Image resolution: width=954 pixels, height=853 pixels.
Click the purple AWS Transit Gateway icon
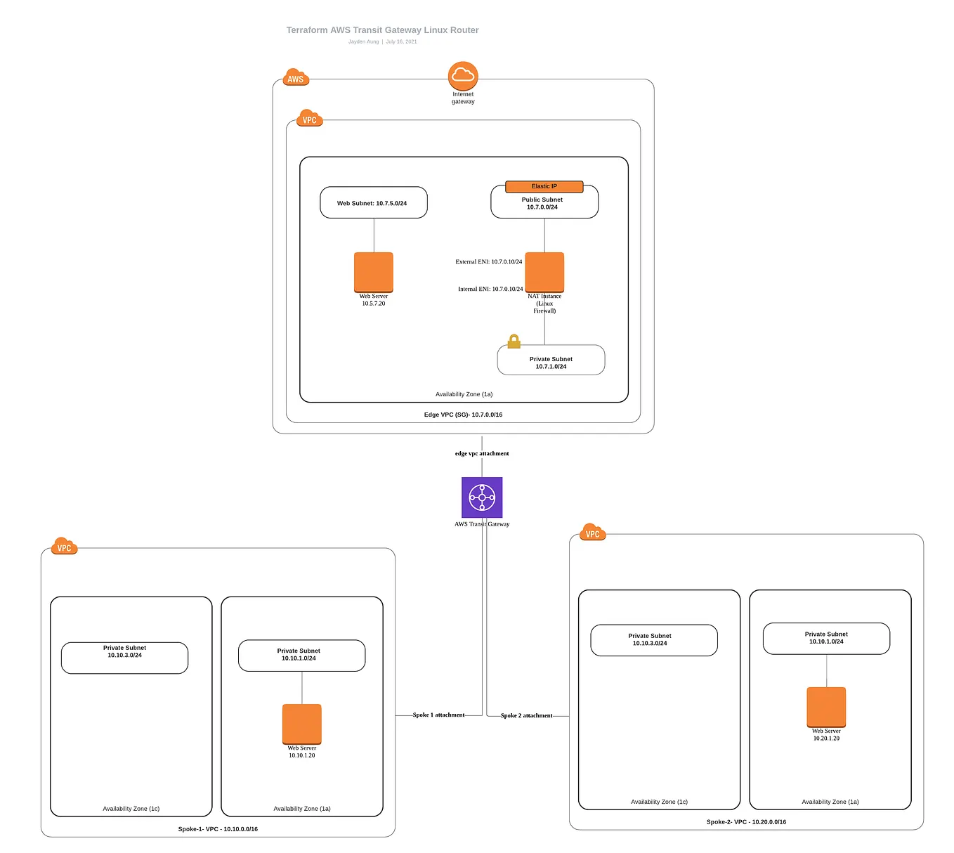pyautogui.click(x=482, y=497)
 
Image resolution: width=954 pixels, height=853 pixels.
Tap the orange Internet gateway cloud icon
pyautogui.click(x=463, y=75)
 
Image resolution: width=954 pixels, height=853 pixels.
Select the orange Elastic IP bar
pyautogui.click(x=544, y=186)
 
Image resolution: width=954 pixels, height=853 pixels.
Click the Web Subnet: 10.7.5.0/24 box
pyautogui.click(x=373, y=203)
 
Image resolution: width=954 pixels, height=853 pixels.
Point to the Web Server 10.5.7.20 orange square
pyautogui.click(x=373, y=272)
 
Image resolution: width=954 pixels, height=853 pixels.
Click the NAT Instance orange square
pyautogui.click(x=544, y=272)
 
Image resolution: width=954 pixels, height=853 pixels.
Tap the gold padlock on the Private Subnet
pyautogui.click(x=514, y=341)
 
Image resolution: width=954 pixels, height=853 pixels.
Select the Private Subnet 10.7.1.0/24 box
pyautogui.click(x=551, y=362)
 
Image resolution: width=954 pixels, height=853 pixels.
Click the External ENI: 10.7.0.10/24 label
pyautogui.click(x=488, y=261)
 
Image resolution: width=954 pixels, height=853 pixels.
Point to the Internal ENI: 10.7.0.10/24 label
pyautogui.click(x=490, y=289)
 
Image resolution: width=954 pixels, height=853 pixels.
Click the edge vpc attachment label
pyautogui.click(x=482, y=453)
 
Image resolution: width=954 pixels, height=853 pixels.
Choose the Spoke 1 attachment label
pyautogui.click(x=438, y=715)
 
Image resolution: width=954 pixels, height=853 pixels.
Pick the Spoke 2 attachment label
pyautogui.click(x=526, y=715)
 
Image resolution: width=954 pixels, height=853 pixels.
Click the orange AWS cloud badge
pyautogui.click(x=296, y=78)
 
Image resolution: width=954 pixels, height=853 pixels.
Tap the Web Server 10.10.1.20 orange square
pyautogui.click(x=301, y=724)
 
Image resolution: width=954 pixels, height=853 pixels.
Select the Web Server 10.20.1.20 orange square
pyautogui.click(x=826, y=707)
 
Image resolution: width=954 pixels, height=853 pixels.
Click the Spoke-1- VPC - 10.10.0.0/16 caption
pyautogui.click(x=218, y=829)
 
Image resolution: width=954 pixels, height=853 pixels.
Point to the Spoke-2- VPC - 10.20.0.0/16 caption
pyautogui.click(x=746, y=821)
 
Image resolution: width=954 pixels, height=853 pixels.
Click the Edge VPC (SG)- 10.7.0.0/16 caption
pyautogui.click(x=463, y=415)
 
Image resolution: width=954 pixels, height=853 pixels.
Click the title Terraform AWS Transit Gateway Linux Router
pyautogui.click(x=382, y=30)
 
